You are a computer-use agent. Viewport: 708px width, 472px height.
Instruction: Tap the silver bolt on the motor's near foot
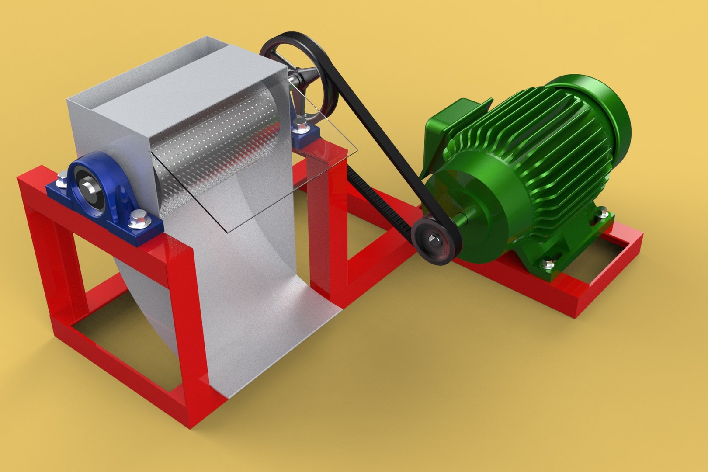[547, 264]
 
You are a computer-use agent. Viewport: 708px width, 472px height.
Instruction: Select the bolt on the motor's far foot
[604, 214]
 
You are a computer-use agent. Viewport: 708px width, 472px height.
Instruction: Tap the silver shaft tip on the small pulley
[433, 239]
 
